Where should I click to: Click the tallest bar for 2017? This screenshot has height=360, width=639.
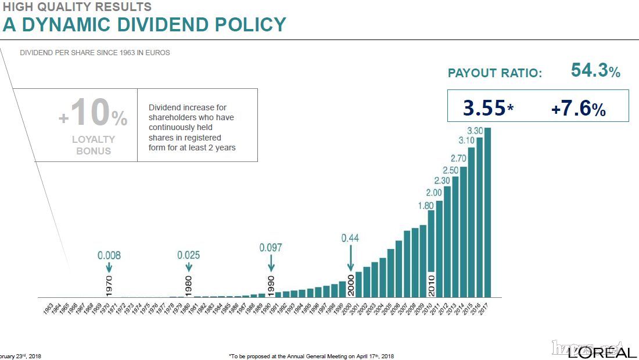tap(487, 212)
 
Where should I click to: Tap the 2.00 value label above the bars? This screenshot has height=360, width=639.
tap(434, 193)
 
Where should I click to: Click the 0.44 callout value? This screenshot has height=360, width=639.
tap(350, 237)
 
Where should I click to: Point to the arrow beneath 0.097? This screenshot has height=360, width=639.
tap(271, 263)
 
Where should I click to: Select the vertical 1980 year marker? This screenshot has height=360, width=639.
tap(188, 286)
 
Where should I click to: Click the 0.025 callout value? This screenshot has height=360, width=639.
tap(189, 255)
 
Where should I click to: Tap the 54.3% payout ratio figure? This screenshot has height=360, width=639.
tap(595, 71)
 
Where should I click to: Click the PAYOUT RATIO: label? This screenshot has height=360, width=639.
tap(494, 74)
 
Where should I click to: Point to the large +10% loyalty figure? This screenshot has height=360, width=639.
tap(93, 114)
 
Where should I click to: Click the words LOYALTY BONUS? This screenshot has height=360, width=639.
tap(93, 145)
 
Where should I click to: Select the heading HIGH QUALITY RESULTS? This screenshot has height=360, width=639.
tap(77, 7)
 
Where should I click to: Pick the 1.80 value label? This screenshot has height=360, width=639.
tap(426, 205)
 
